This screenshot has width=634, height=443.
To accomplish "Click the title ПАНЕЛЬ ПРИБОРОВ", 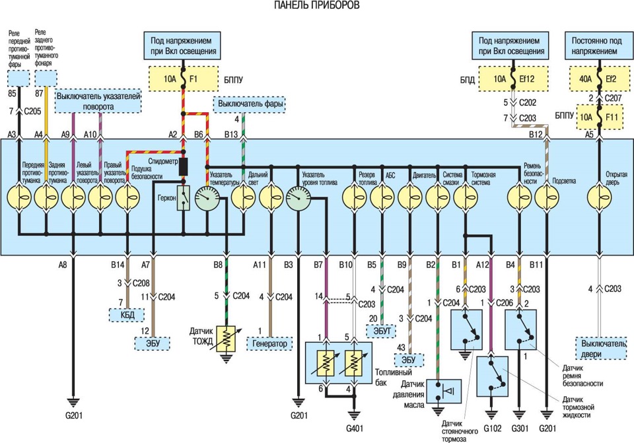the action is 316,5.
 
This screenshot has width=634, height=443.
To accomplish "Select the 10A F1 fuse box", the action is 184,79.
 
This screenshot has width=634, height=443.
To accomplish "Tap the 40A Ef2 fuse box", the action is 600,79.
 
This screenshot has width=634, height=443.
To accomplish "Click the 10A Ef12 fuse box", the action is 514,79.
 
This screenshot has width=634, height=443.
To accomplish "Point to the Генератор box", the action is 269,343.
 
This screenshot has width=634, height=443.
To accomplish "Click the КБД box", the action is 127,315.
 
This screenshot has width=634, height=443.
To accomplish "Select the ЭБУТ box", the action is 382,331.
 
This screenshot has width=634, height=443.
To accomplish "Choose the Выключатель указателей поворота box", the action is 98,100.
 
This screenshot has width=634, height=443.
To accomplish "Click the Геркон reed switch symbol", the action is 184,198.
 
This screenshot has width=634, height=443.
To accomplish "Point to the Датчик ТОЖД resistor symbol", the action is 227,339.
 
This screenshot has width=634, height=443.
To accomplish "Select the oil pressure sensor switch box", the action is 444,392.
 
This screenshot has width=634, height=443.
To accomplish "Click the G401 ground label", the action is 354,427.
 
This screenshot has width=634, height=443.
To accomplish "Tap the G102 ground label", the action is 492,428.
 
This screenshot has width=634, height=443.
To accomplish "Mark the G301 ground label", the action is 520,428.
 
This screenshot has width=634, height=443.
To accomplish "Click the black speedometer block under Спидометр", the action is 184,166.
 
